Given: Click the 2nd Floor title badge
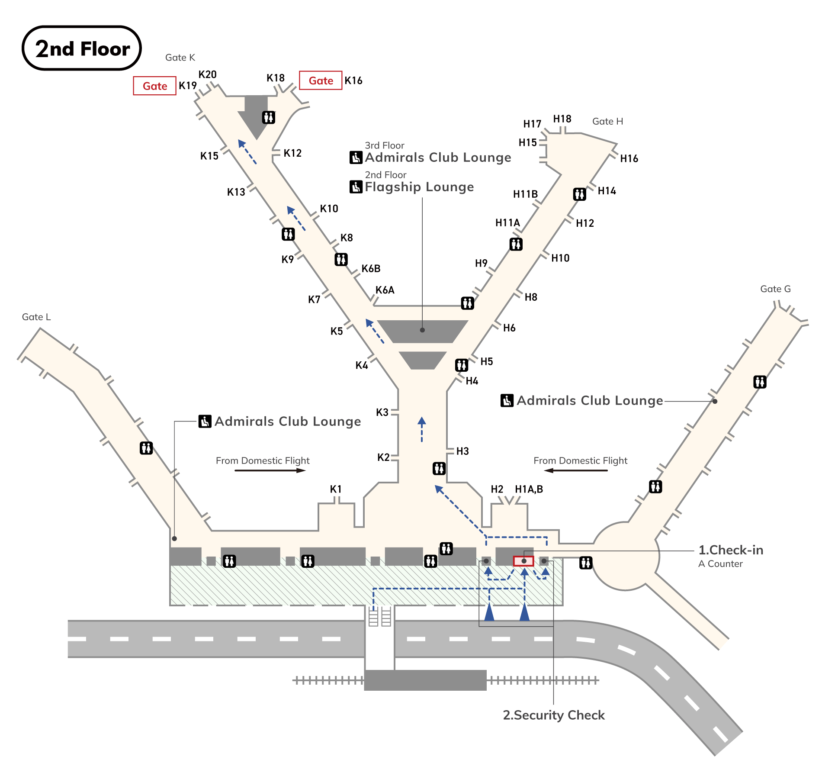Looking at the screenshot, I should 82,48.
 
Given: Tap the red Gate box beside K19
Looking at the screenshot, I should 154,86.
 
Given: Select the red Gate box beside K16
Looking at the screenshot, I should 321,80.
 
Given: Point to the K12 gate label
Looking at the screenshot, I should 292,153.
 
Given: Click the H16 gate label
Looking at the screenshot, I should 629,159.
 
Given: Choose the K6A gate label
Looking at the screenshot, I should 385,290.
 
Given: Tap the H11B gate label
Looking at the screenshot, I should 525,194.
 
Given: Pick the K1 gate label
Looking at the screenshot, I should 336,489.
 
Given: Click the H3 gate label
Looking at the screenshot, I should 462,451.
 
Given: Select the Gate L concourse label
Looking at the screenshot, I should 36,317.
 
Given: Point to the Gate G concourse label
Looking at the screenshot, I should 775,289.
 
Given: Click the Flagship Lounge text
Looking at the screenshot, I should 419,187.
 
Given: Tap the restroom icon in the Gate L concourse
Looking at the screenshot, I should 146,448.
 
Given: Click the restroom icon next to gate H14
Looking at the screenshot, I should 580,194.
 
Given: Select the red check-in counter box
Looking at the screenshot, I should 523,561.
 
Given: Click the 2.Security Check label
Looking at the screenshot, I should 553,715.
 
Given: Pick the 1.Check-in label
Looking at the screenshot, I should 731,550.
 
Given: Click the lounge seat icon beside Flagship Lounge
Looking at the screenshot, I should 356,187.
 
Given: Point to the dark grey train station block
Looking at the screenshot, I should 425,680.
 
